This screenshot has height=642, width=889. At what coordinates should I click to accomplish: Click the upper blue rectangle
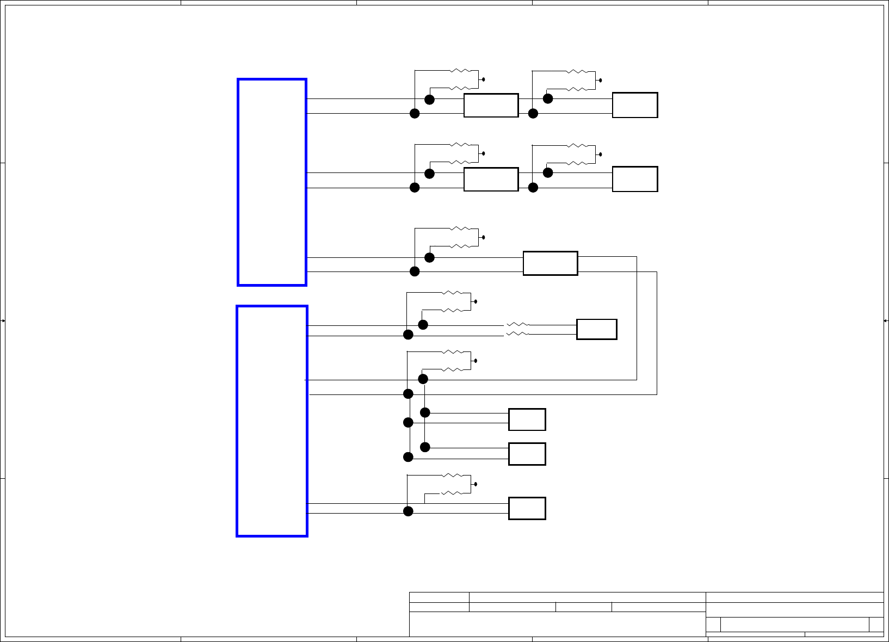tap(272, 182)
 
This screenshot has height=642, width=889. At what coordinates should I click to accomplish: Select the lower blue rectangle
tap(272, 421)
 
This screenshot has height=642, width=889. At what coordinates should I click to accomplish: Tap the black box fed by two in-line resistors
tap(596, 329)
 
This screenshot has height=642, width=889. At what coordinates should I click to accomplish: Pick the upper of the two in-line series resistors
tap(517, 325)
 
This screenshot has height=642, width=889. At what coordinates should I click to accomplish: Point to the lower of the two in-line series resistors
tap(517, 334)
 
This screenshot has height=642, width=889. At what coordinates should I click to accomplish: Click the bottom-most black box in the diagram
tap(527, 508)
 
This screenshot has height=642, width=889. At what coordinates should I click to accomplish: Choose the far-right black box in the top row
tap(635, 105)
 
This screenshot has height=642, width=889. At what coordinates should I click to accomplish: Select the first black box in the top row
tap(491, 105)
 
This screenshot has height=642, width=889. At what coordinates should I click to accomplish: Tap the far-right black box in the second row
tap(635, 179)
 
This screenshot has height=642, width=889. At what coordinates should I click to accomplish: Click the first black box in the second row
tap(491, 179)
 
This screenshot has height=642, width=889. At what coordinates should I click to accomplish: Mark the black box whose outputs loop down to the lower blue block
tap(550, 263)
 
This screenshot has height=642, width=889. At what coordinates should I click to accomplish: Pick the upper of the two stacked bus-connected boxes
tap(527, 419)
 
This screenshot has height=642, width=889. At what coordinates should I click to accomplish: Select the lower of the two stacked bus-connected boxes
tap(527, 454)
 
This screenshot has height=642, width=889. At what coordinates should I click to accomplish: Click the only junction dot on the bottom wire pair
tap(408, 511)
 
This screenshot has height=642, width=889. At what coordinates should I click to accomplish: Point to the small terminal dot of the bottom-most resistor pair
tap(476, 484)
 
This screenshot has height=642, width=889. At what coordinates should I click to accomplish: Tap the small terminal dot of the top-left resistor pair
tap(484, 79)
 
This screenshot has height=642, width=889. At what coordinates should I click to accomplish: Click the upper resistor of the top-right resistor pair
tap(577, 71)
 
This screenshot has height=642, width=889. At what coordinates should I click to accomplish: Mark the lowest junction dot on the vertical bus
tap(408, 457)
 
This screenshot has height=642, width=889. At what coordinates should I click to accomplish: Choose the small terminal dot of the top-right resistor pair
tap(601, 80)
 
